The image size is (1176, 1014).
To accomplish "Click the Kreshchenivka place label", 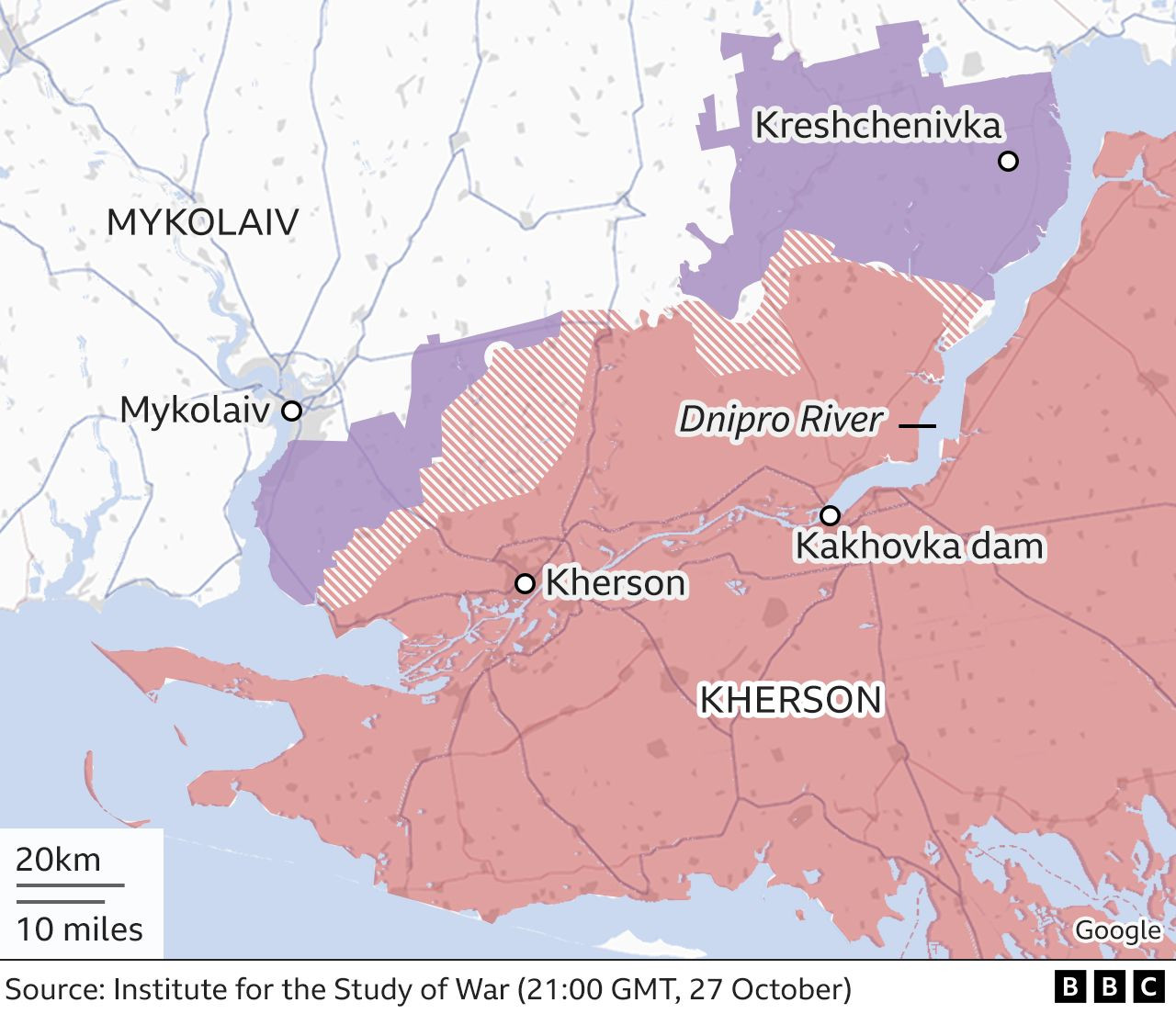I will coord(877,125).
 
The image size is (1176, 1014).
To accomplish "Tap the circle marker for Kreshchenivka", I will coord(1008,162).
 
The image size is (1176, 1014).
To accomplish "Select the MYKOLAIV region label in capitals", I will coord(202,222).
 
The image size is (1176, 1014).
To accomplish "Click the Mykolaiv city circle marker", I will coord(291,411).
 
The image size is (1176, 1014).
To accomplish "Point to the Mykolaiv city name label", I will coord(195,410).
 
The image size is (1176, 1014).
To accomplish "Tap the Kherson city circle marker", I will coord(525,583).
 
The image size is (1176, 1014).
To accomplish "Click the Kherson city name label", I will coord(615,583).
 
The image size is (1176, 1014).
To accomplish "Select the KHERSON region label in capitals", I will coord(790,700).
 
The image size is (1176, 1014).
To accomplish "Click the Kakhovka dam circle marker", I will coord(830,514).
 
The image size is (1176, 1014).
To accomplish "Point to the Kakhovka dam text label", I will coord(919,546).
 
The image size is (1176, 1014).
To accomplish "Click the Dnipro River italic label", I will coord(780,421).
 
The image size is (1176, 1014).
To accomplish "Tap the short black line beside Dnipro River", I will coord(917,426).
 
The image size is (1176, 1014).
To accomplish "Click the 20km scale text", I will coord(58,860).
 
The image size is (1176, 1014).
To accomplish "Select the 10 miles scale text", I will coord(79,929).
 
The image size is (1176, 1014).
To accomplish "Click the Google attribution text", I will coord(1117,930).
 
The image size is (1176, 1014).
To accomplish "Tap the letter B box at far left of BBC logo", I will coord(1069,988).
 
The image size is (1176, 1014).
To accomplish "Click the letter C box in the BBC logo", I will coord(1148,988).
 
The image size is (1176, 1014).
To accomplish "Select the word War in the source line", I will coord(482,989).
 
